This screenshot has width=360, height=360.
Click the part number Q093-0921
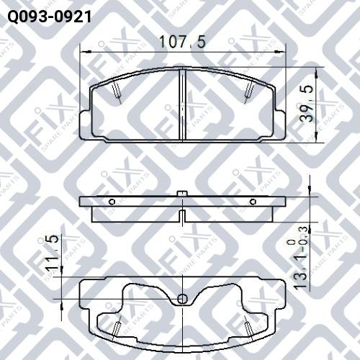[49, 15]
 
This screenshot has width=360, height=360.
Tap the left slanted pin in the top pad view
[117, 89]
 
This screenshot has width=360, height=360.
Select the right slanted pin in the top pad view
[249, 89]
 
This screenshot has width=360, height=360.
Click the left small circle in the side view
[112, 202]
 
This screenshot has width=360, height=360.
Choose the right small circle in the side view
[252, 202]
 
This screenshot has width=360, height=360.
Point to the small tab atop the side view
[182, 192]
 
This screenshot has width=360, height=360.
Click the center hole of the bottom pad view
[182, 299]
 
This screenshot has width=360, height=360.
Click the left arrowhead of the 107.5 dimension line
[81, 52]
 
